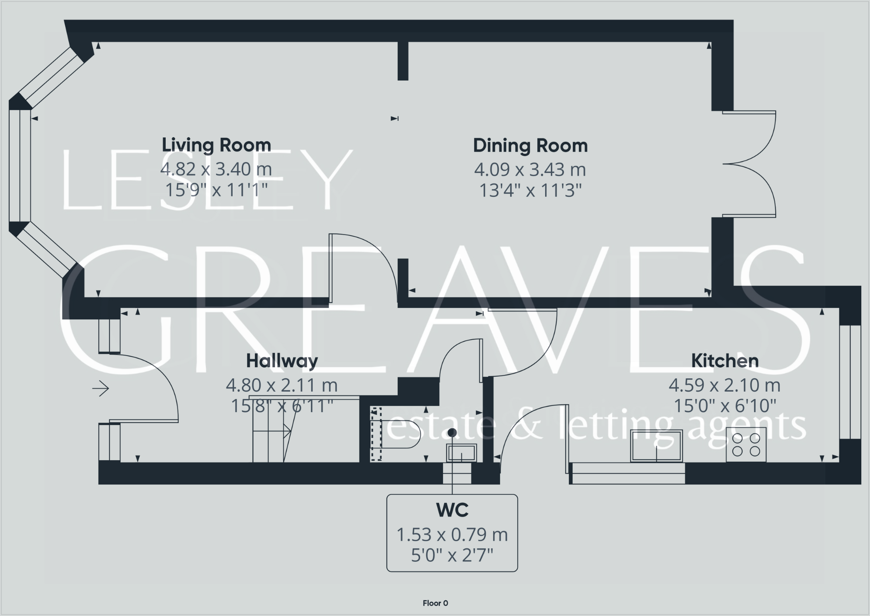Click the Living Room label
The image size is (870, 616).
pyautogui.click(x=216, y=145)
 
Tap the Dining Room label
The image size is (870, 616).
pyautogui.click(x=530, y=146)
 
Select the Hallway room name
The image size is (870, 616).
pyautogui.click(x=282, y=361)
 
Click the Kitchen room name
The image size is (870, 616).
pyautogui.click(x=724, y=361)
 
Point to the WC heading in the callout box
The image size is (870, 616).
pyautogui.click(x=452, y=510)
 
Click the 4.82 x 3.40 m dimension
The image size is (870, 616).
pyautogui.click(x=216, y=169)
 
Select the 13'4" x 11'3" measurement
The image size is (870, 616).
pyautogui.click(x=530, y=190)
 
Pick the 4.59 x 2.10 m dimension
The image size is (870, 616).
pyautogui.click(x=724, y=385)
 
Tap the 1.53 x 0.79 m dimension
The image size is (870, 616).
pyautogui.click(x=452, y=535)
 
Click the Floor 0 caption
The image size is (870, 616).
pyautogui.click(x=435, y=603)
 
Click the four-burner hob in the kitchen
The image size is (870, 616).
pyautogui.click(x=746, y=444)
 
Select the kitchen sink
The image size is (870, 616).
pyautogui.click(x=656, y=446)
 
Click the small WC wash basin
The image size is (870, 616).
pyautogui.click(x=461, y=453)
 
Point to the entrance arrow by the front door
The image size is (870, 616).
pyautogui.click(x=101, y=388)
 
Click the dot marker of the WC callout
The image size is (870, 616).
pyautogui.click(x=452, y=433)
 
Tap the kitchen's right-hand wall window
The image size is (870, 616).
pyautogui.click(x=849, y=382)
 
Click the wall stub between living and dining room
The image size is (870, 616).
pyautogui.click(x=403, y=61)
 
